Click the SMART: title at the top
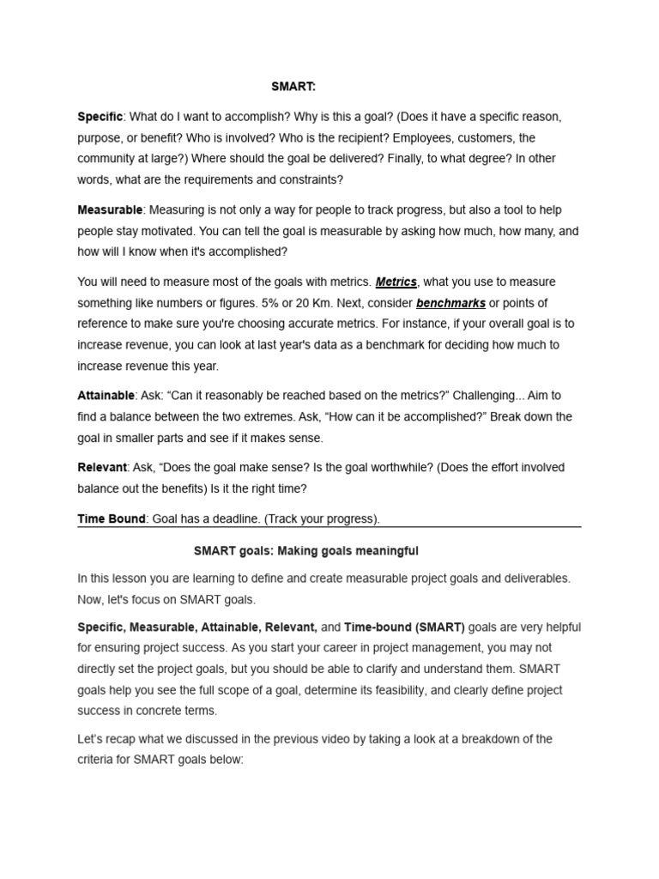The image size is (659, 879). [x=293, y=87]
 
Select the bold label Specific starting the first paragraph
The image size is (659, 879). [x=100, y=117]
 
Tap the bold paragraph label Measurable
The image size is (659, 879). [x=110, y=209]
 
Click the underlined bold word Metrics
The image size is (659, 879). [x=396, y=282]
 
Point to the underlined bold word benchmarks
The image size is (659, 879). [x=450, y=303]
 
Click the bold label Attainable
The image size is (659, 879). [x=106, y=396]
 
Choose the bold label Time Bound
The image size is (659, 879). [x=112, y=518]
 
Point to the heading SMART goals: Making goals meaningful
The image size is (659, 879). [x=306, y=550]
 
